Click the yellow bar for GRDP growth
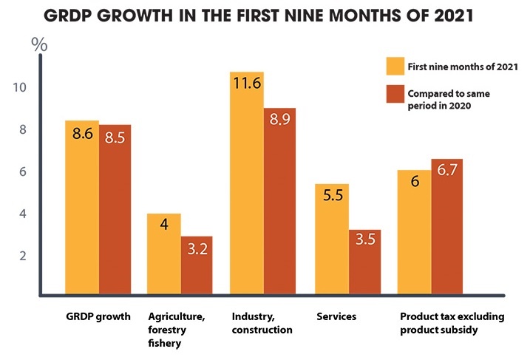pyautogui.click(x=81, y=207)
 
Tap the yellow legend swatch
pyautogui.click(x=395, y=67)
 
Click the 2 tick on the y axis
pyautogui.click(x=21, y=257)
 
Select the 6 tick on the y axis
pyautogui.click(x=21, y=172)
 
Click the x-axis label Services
pyautogui.click(x=336, y=317)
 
